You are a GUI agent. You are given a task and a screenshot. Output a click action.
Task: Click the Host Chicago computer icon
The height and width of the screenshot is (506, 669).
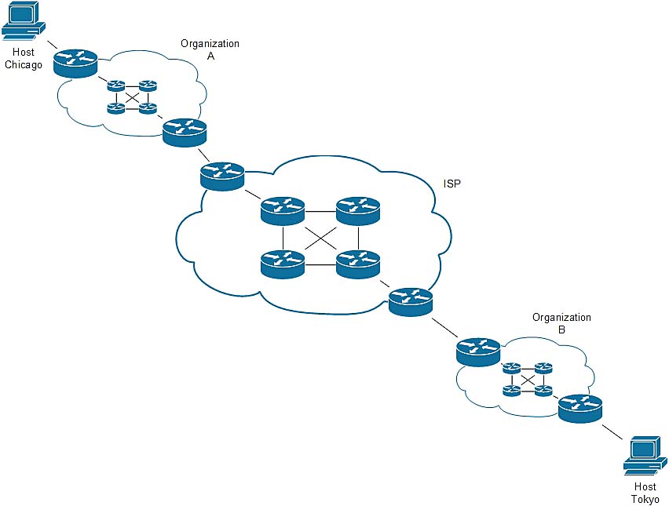click(x=24, y=22)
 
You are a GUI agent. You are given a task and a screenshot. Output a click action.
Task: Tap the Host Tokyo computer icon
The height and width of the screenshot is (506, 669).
click(x=645, y=455)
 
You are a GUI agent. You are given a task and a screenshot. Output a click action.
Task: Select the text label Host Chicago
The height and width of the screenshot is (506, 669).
click(x=24, y=58)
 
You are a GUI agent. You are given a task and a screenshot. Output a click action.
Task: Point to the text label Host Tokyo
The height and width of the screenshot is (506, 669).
click(x=645, y=493)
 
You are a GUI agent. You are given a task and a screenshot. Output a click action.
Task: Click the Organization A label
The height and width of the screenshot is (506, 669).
click(x=210, y=49)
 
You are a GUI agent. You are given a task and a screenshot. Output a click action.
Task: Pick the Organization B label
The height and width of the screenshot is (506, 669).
click(x=561, y=323)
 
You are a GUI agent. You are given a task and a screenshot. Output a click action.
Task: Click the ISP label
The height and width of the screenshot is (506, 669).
click(x=451, y=184)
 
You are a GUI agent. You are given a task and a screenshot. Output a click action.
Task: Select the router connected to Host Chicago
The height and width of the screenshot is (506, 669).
click(x=76, y=63)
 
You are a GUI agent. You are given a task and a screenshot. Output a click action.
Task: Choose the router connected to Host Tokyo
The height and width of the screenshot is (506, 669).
click(x=580, y=409)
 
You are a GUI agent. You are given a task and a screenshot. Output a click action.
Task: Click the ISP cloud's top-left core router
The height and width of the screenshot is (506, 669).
click(x=283, y=210)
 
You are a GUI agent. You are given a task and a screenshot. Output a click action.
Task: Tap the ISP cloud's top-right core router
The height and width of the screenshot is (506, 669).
click(x=358, y=210)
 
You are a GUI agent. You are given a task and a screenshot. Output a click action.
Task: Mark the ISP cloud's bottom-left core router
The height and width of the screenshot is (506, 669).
click(x=283, y=264)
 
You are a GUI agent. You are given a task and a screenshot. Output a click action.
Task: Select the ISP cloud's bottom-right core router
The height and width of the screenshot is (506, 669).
click(x=358, y=264)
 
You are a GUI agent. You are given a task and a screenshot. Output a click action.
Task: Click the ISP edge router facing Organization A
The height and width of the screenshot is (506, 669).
click(x=222, y=176)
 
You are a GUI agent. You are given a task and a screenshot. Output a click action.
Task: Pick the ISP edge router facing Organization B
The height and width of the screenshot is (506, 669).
click(x=411, y=302)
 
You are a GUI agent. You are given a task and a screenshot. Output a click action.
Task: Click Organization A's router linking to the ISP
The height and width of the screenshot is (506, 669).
click(x=185, y=133)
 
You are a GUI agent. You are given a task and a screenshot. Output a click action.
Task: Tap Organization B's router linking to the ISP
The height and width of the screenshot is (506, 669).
click(x=478, y=351)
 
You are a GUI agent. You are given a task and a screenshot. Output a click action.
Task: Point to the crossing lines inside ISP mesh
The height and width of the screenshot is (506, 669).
click(x=321, y=238)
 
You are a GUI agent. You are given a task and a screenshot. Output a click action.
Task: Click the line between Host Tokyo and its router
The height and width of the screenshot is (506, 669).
click(x=612, y=431)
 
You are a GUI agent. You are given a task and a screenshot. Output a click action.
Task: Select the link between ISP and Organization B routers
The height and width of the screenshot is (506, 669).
click(x=444, y=327)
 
